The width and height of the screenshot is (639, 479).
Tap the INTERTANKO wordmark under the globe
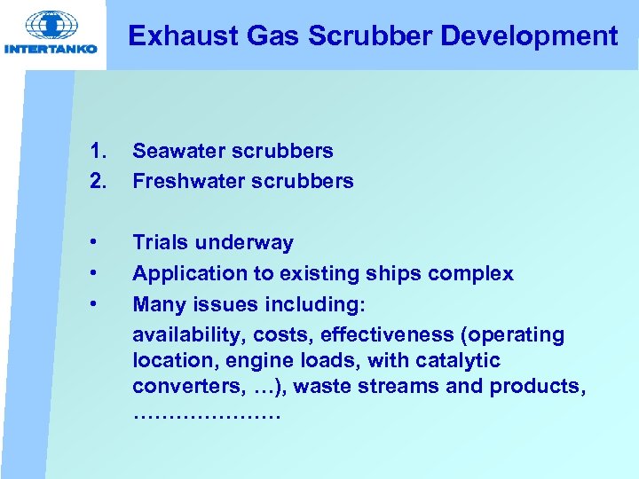pyautogui.click(x=51, y=49)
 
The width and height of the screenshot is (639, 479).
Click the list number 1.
pyautogui.click(x=98, y=152)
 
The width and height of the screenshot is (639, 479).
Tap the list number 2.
pyautogui.click(x=98, y=182)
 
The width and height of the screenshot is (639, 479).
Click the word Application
pyautogui.click(x=182, y=274)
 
